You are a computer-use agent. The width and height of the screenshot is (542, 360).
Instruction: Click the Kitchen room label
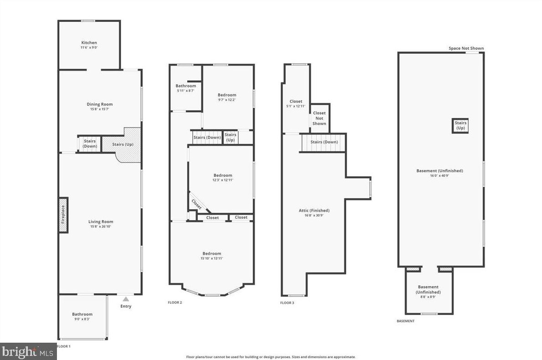point(89,43)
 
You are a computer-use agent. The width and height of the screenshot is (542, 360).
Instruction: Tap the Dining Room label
point(100,104)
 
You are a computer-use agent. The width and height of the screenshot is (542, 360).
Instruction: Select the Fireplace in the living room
point(63,215)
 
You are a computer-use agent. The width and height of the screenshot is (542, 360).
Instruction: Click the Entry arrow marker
point(126,299)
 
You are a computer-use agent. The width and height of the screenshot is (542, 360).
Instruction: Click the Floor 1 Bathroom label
point(82,314)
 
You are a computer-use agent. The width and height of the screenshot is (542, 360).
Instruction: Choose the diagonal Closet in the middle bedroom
point(197,204)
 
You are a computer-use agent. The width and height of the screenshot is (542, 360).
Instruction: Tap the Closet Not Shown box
point(319,118)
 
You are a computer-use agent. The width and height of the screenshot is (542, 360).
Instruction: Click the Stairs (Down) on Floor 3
point(324,142)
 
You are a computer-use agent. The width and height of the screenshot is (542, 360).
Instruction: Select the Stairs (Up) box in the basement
point(460,125)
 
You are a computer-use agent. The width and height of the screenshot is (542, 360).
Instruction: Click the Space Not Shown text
point(466,48)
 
